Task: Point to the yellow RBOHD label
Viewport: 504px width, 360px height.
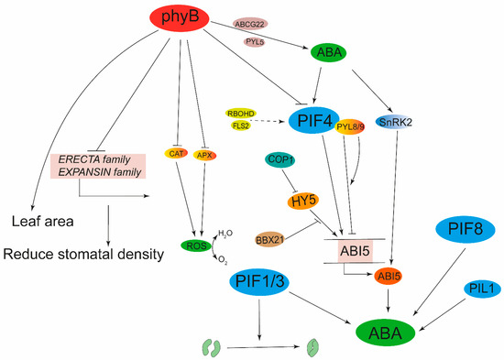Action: (241, 114)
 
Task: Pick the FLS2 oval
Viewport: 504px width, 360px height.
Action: (241, 127)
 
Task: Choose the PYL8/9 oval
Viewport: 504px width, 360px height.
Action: (353, 125)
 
